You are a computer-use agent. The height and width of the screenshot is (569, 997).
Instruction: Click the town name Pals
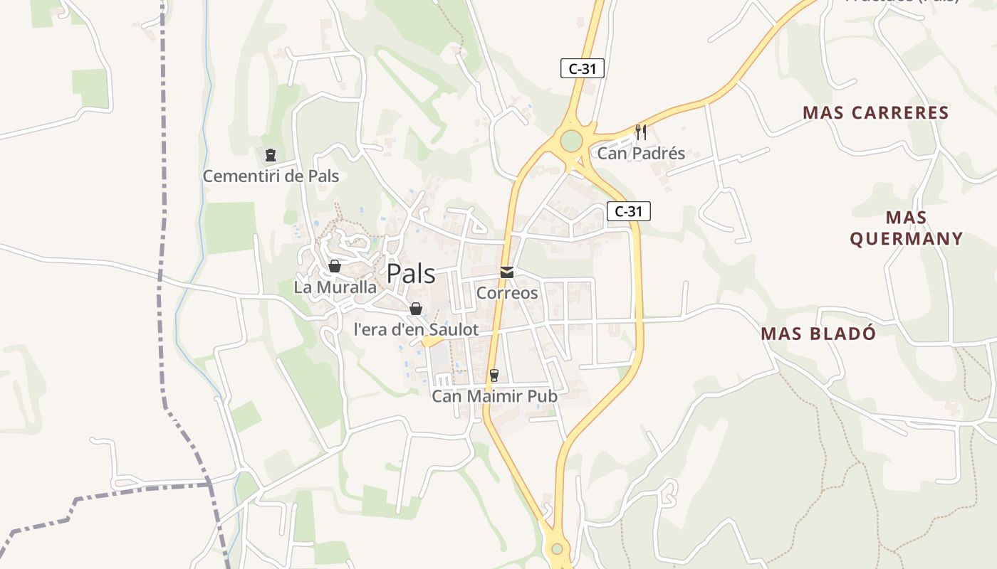tap(411, 274)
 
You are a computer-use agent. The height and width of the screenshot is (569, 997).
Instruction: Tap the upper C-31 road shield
tap(582, 68)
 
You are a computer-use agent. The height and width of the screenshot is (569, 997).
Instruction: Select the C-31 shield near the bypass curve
tap(629, 211)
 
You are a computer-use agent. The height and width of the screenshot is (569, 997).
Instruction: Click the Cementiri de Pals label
tap(271, 176)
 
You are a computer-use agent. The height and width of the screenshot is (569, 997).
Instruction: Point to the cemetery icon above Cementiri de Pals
tap(271, 155)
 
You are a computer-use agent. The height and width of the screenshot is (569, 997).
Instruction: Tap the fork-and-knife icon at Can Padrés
tap(640, 132)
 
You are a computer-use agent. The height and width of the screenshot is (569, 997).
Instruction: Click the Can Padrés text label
tap(640, 153)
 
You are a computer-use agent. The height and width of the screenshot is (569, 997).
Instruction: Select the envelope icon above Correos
tap(507, 272)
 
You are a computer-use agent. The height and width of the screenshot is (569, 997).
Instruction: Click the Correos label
tap(507, 292)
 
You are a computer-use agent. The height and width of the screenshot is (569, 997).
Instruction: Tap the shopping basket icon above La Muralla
tap(335, 266)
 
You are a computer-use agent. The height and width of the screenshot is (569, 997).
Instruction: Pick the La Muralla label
tap(335, 287)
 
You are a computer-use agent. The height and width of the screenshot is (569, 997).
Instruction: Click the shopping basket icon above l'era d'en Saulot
tap(416, 309)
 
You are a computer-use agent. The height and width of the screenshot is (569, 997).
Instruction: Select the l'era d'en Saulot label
tap(416, 329)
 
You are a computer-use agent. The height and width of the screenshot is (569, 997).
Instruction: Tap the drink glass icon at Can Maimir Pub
tap(494, 375)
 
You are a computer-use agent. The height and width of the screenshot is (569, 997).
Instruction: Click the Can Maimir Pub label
tap(494, 396)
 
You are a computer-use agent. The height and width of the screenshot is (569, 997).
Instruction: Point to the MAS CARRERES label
tap(875, 112)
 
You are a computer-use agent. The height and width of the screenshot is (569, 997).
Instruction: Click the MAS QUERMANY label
tap(906, 228)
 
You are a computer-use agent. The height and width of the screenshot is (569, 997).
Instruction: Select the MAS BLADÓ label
tap(818, 334)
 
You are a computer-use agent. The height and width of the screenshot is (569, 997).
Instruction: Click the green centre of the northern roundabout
tap(571, 141)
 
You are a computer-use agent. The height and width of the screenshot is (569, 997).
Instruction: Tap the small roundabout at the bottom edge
tap(557, 549)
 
